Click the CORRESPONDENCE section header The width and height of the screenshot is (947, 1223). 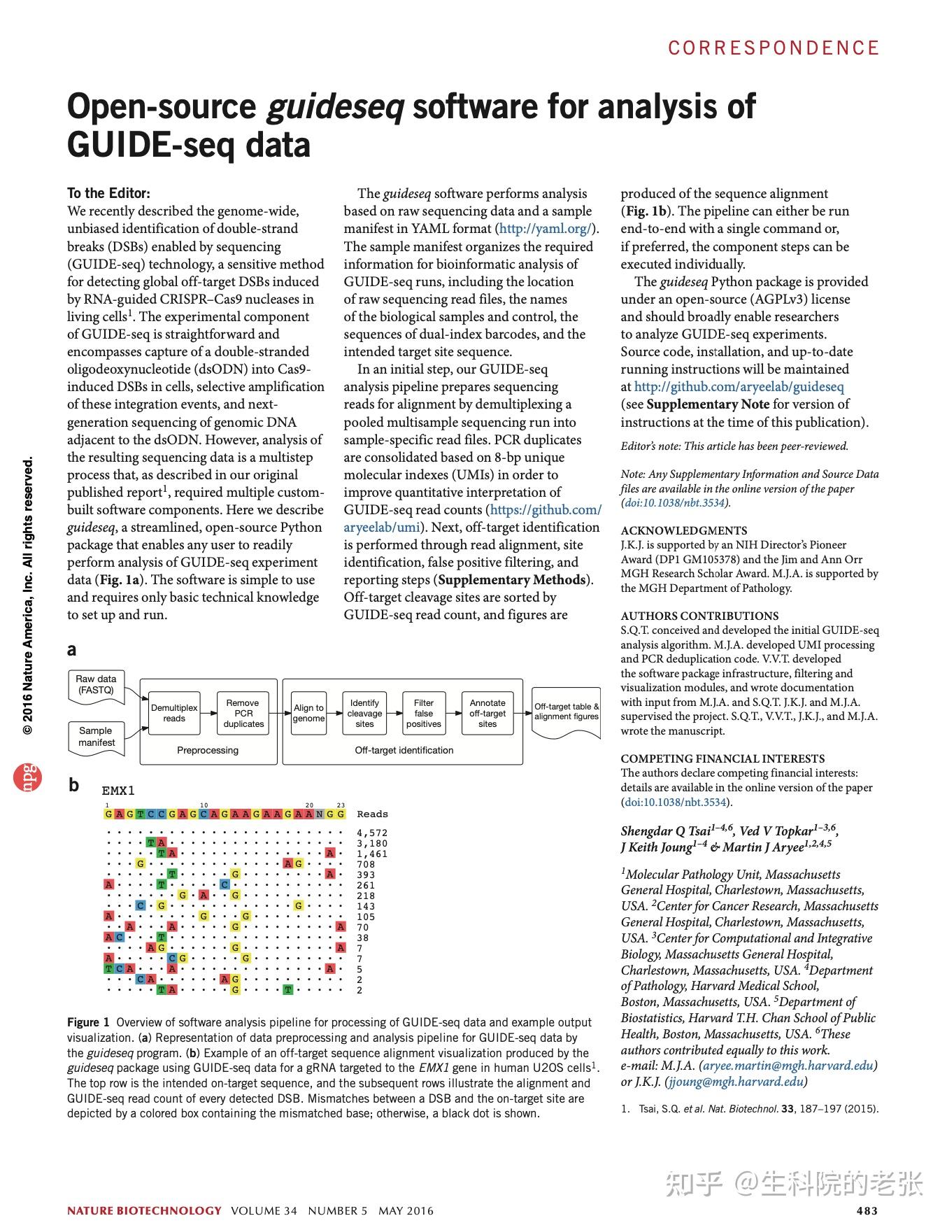click(x=773, y=48)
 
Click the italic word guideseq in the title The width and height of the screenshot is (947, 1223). click(x=335, y=106)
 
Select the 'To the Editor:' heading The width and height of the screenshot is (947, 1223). click(x=108, y=193)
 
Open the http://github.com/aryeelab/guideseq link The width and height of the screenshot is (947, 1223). click(x=739, y=386)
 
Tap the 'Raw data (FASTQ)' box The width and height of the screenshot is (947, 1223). click(x=97, y=684)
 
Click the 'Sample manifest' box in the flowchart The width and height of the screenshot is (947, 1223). click(x=97, y=736)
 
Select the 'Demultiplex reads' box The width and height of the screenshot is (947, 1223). click(x=174, y=713)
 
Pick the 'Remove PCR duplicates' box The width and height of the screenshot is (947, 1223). click(x=243, y=713)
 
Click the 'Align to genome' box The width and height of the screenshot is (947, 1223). click(x=308, y=713)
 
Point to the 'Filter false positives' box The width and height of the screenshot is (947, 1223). click(x=424, y=713)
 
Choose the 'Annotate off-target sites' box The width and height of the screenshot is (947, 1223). click(x=487, y=713)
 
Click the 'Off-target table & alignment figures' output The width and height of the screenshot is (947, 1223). click(x=566, y=711)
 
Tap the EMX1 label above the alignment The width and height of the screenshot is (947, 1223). click(x=118, y=791)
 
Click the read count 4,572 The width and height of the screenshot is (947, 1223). click(x=371, y=833)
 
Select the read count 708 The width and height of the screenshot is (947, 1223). click(x=366, y=864)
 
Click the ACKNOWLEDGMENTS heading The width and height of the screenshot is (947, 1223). click(x=683, y=530)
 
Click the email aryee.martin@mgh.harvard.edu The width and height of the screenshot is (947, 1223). click(x=788, y=1066)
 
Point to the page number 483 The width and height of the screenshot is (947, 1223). click(x=867, y=1210)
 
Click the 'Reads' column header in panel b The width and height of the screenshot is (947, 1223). click(x=372, y=814)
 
